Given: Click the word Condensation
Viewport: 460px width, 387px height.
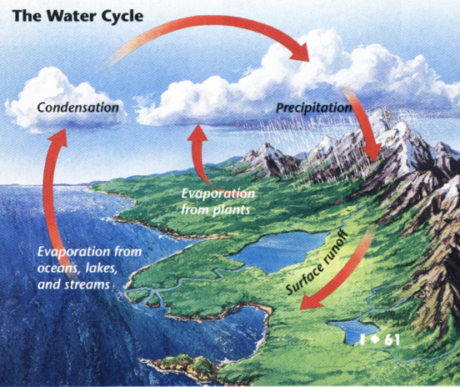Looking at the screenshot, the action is click(x=78, y=107).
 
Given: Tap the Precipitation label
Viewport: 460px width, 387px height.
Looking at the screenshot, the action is click(x=314, y=108).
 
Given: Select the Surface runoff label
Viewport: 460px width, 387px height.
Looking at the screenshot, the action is click(x=317, y=262).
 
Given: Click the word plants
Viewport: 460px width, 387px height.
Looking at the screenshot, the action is click(x=232, y=209).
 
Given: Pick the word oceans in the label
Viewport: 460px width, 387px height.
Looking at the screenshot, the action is click(x=57, y=269).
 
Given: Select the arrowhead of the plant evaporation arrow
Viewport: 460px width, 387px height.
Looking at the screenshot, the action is click(x=198, y=133).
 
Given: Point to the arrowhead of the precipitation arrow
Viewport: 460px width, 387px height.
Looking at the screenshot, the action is click(x=372, y=153).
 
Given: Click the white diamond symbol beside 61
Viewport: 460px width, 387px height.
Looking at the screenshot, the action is click(x=375, y=339).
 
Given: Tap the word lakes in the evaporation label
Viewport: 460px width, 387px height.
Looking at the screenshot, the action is click(x=102, y=269).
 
